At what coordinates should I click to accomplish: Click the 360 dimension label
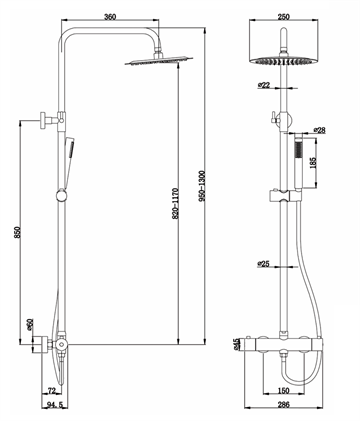pyautogui.click(x=110, y=17)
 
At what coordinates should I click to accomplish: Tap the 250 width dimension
pyautogui.click(x=284, y=16)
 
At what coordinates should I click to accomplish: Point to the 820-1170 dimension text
pyautogui.click(x=176, y=204)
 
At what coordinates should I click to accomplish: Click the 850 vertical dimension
pyautogui.click(x=17, y=232)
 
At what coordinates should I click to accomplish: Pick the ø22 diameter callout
pyautogui.click(x=263, y=85)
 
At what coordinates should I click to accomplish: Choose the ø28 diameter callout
pyautogui.click(x=319, y=130)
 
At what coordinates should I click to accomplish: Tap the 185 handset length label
pyautogui.click(x=313, y=162)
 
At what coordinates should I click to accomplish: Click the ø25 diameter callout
pyautogui.click(x=263, y=264)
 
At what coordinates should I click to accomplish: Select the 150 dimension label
pyautogui.click(x=284, y=390)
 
